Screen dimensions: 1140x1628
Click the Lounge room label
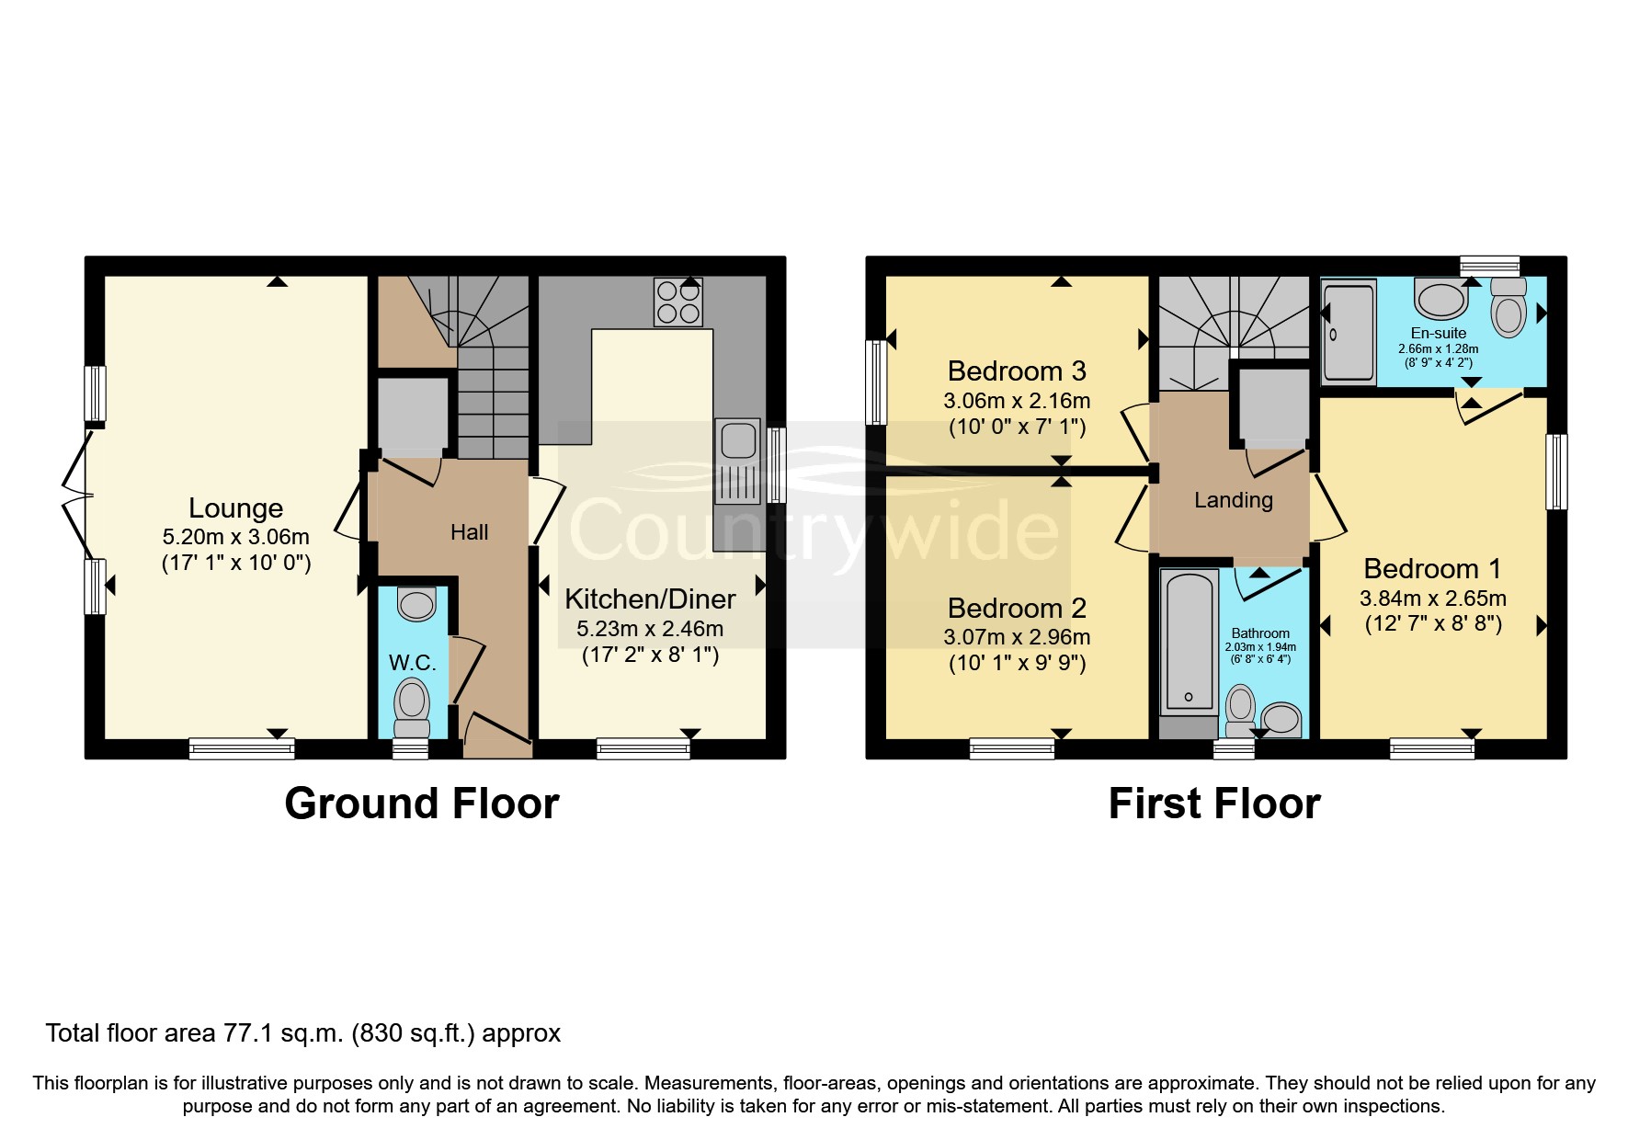coord(235,508)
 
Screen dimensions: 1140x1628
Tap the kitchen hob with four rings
coord(678,302)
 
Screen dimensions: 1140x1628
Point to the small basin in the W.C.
coord(416,604)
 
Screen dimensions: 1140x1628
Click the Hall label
coord(469,532)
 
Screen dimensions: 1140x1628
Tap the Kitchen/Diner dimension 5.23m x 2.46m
coord(649,629)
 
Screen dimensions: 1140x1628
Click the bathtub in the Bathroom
coord(1188,641)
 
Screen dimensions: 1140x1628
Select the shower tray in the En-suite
coord(1349,332)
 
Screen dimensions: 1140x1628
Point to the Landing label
coord(1233,500)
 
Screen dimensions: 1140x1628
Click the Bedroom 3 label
coord(1017,371)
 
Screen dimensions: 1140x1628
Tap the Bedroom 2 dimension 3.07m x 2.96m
coord(1017,637)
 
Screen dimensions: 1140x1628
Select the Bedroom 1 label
coord(1432,568)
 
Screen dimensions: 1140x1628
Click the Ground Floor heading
coord(421,803)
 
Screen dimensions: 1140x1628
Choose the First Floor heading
coord(1213,803)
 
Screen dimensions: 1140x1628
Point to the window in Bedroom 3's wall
coord(876,382)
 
